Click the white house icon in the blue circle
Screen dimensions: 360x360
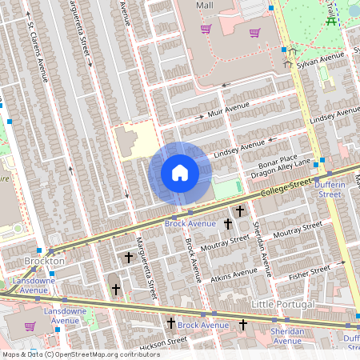(x=180, y=173)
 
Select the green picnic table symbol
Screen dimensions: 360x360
(x=331, y=21)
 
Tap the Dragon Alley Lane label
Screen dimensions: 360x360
(x=280, y=169)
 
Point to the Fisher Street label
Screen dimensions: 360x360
(x=310, y=274)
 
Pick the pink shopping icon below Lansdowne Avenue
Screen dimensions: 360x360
(x=30, y=326)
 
